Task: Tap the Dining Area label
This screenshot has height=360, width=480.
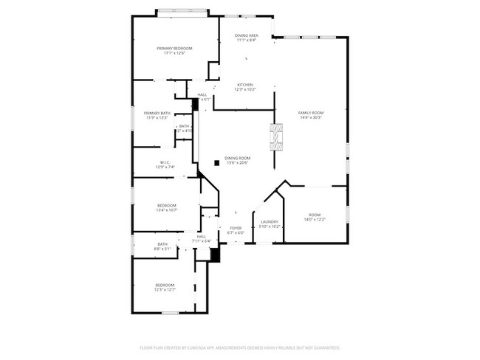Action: click(247, 35)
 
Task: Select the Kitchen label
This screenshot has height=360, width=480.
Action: click(245, 85)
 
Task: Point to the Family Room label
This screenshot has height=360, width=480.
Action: click(311, 113)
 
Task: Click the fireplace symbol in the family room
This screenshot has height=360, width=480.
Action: click(276, 137)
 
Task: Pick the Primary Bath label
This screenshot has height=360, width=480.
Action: click(157, 113)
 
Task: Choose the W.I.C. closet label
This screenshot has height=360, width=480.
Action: click(165, 162)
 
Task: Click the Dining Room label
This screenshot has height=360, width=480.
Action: click(238, 158)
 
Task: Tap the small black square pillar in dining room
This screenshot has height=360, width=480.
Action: click(216, 163)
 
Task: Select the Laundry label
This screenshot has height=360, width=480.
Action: click(269, 221)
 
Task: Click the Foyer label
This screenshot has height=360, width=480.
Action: click(236, 228)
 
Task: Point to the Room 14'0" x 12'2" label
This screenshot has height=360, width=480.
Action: click(315, 215)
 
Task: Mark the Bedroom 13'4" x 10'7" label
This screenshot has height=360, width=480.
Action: click(167, 205)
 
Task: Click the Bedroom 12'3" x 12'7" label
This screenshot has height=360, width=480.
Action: click(165, 285)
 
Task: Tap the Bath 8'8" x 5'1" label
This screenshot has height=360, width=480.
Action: click(162, 244)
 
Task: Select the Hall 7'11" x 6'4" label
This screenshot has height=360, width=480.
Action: click(202, 236)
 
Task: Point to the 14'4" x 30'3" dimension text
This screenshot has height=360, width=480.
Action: click(311, 117)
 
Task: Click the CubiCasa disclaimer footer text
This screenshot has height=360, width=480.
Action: click(239, 347)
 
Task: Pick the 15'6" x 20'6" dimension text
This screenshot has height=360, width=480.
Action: click(238, 162)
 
